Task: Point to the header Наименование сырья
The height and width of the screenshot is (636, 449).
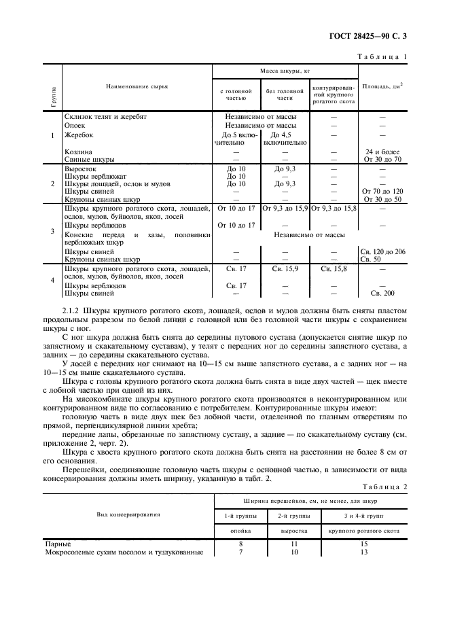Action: point(137,86)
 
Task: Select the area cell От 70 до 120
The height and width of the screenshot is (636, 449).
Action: point(382,192)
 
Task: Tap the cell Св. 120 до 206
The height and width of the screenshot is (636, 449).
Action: point(382,251)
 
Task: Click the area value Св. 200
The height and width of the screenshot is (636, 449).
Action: point(382,293)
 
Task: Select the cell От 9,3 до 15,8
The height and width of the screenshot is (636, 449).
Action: point(334,208)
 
